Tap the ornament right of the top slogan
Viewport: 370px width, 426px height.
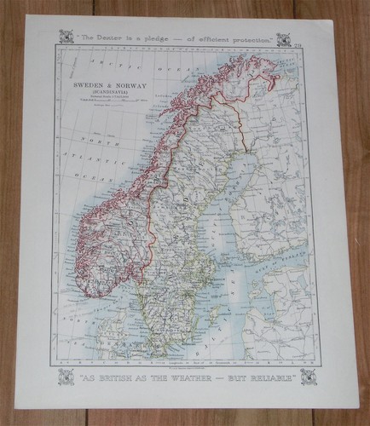pos(283,38)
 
